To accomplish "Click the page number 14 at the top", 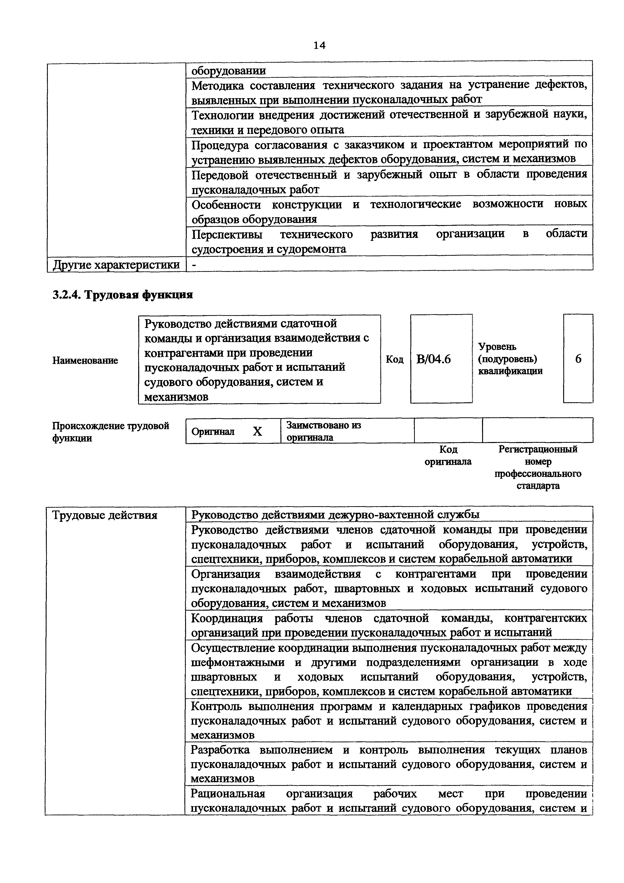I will tap(319, 45).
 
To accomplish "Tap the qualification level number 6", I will tap(578, 359).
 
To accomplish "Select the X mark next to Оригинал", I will tap(257, 431).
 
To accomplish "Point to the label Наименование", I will tap(85, 360).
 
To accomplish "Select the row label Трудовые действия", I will tap(104, 515).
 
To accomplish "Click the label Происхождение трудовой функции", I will tap(110, 431).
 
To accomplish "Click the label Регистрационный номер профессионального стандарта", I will tap(537, 467).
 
